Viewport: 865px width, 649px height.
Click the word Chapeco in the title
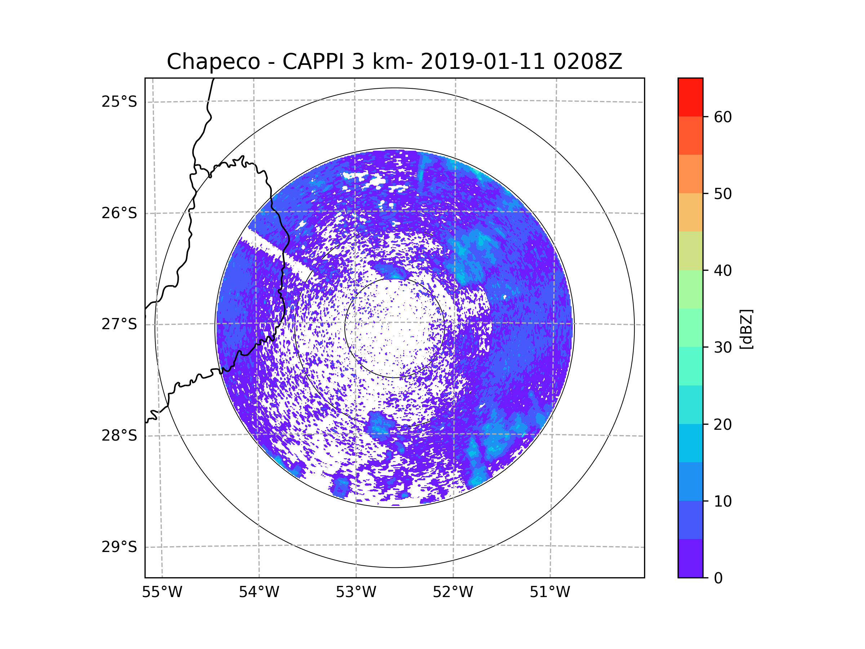pyautogui.click(x=213, y=62)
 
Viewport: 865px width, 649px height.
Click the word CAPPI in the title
pyautogui.click(x=313, y=62)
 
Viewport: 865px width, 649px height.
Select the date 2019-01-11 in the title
pyautogui.click(x=483, y=62)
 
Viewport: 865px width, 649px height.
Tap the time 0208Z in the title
pyautogui.click(x=587, y=62)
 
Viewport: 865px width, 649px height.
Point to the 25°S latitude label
pyautogui.click(x=119, y=102)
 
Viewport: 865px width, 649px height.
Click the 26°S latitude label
pyautogui.click(x=119, y=213)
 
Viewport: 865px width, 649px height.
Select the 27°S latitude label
pyautogui.click(x=119, y=324)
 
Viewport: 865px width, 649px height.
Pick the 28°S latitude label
pyautogui.click(x=119, y=436)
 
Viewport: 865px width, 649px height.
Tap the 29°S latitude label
pyautogui.click(x=119, y=547)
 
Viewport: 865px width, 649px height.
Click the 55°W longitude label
pyautogui.click(x=162, y=592)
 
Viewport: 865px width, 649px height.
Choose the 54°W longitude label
pyautogui.click(x=259, y=592)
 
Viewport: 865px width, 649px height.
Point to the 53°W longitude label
pyautogui.click(x=356, y=592)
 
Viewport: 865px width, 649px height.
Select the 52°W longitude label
pyautogui.click(x=453, y=592)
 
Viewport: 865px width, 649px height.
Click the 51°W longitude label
pyautogui.click(x=550, y=592)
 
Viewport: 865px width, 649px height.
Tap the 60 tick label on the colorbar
pyautogui.click(x=723, y=117)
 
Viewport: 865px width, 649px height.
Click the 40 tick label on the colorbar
pyautogui.click(x=723, y=270)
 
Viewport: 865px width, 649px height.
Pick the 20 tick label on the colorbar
pyautogui.click(x=723, y=424)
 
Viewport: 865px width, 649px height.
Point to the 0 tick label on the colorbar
pyautogui.click(x=718, y=578)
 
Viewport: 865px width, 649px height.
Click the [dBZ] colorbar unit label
pyautogui.click(x=746, y=329)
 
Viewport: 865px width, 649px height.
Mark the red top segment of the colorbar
pyautogui.click(x=690, y=97)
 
